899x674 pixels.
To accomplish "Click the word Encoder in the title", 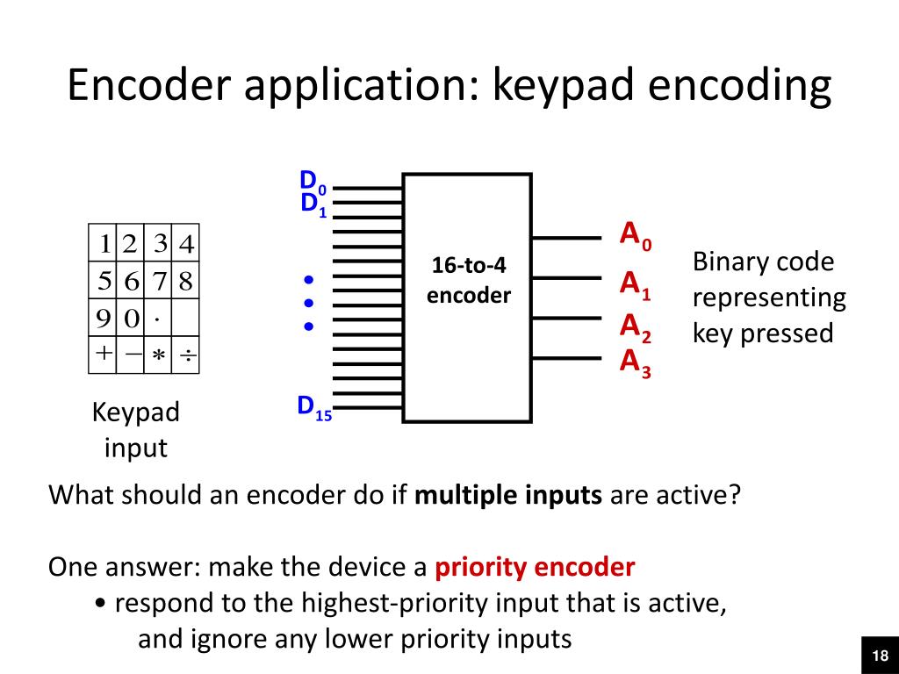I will [x=151, y=87].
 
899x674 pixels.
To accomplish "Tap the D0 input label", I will [x=313, y=181].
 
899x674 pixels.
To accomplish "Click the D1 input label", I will [x=313, y=204].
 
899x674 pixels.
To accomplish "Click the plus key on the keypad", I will [x=104, y=353].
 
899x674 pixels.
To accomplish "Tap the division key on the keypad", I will [x=186, y=355].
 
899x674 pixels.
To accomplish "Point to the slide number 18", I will [x=880, y=656].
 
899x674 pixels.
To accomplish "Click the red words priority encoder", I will [x=535, y=567].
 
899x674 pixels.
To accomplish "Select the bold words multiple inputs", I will [x=507, y=495].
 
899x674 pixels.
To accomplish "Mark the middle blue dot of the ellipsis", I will [x=309, y=304].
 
